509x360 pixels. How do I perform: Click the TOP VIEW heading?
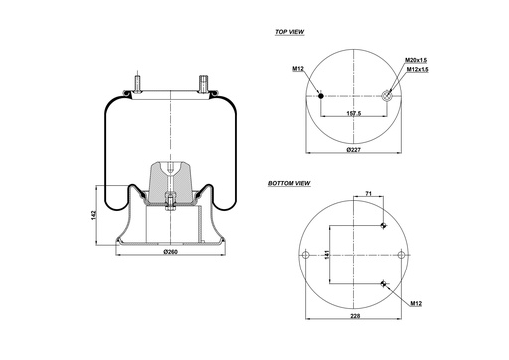click(289, 32)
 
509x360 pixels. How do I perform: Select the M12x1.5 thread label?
click(418, 70)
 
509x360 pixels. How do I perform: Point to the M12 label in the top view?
click(297, 68)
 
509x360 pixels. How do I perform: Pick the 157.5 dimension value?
click(353, 114)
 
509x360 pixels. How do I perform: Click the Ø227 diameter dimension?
click(353, 150)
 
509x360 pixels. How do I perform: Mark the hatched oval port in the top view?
click(386, 96)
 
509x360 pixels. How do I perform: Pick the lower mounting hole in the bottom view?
click(384, 286)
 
